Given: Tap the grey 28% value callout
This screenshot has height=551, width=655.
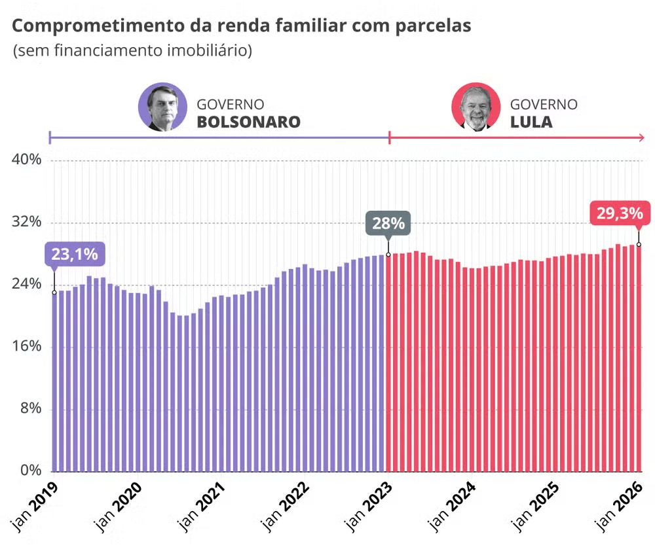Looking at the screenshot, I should pos(388,223).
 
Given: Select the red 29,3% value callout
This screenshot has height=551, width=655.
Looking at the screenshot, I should pos(620,213).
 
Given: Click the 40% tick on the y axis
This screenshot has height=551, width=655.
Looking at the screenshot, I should pos(27,160).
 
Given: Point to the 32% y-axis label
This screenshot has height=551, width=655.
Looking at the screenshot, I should pos(27,222).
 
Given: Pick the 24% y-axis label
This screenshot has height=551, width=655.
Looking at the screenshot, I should pos(27,284).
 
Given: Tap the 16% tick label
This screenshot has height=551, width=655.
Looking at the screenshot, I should pos(27,346).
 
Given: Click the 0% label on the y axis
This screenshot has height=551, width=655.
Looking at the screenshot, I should pos(30,470).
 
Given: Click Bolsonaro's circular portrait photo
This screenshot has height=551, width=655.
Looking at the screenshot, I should pos(162,107).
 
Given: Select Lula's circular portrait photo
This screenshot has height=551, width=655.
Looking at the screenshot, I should pos(476,107).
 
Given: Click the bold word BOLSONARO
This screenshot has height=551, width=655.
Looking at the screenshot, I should pos(248,122).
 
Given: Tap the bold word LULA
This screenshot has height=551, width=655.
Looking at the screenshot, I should pos(531,122).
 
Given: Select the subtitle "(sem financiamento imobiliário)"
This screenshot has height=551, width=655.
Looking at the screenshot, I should pos(132,50).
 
